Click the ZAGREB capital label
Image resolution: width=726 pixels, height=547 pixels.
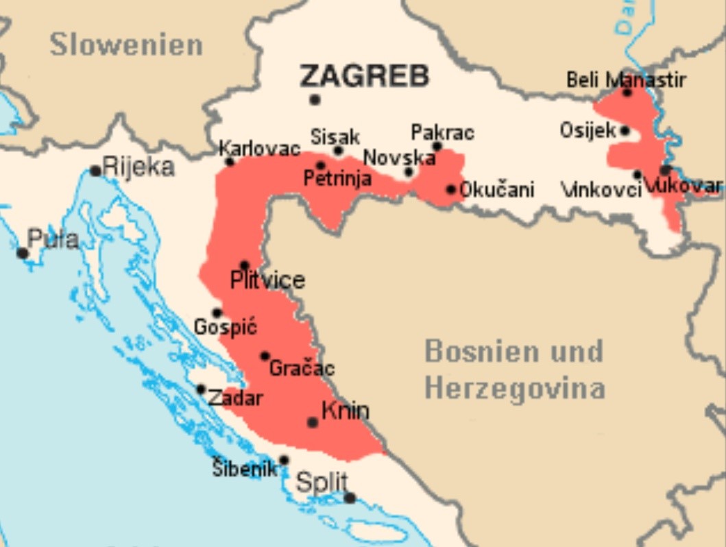[364, 75]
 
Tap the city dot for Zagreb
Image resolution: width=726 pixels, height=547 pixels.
[315, 99]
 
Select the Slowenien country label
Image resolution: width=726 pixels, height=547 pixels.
[126, 45]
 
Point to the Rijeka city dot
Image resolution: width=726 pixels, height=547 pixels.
[95, 171]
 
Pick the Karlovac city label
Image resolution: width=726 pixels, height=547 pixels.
[259, 149]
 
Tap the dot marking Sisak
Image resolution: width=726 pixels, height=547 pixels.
[338, 151]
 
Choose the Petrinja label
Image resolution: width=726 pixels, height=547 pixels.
[337, 180]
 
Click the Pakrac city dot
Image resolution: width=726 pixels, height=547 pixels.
[437, 146]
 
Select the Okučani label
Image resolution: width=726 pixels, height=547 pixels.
[496, 189]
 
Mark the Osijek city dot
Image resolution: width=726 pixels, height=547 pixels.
[625, 130]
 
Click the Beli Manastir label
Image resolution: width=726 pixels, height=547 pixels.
[626, 80]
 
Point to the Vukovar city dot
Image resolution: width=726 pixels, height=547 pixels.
[665, 170]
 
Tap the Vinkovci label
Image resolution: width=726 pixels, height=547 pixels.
[601, 189]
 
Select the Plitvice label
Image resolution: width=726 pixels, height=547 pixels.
[267, 280]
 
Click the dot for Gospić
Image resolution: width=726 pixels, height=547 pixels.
[217, 313]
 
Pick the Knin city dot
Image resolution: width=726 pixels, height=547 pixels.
[313, 422]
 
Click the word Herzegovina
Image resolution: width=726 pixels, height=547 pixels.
[515, 388]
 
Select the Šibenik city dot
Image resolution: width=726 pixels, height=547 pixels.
[284, 460]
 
